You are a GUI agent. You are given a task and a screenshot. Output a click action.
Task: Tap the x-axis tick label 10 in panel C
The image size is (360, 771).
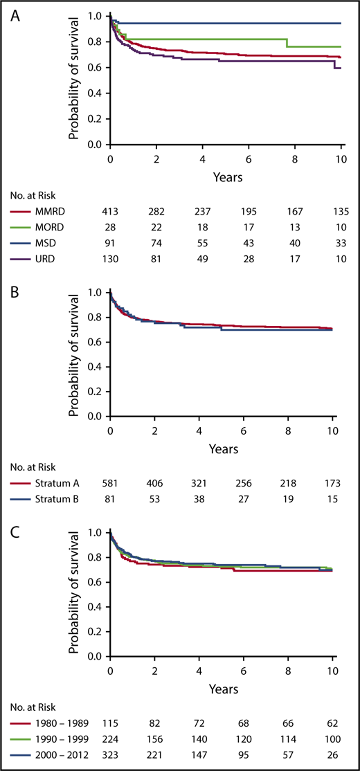coord(332,671)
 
